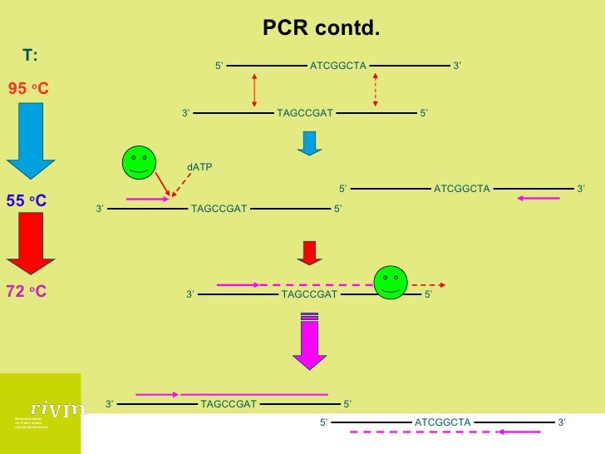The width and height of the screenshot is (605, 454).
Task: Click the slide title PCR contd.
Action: coord(321,29)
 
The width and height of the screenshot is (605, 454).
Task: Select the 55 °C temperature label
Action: coord(27,201)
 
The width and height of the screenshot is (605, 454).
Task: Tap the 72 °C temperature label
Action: coord(27,292)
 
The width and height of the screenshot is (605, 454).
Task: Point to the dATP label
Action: coord(199,167)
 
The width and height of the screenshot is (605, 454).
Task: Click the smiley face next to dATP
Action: coord(139,163)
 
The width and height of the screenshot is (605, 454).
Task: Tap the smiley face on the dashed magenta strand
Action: coord(390,282)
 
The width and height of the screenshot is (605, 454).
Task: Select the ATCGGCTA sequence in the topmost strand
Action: coord(337,66)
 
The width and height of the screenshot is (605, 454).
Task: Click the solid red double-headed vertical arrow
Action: coord(254,89)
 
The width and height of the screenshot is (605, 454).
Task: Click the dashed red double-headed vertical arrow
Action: coord(376,89)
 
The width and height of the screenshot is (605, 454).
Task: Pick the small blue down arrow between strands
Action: coord(309,143)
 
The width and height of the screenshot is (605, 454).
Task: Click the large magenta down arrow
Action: coord(309,341)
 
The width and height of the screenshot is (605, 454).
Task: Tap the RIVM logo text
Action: coord(57,408)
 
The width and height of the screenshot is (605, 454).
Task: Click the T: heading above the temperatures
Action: coord(30,56)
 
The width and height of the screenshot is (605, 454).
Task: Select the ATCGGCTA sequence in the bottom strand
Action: coord(442,422)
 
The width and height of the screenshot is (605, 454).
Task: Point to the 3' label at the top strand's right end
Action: coord(457,66)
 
